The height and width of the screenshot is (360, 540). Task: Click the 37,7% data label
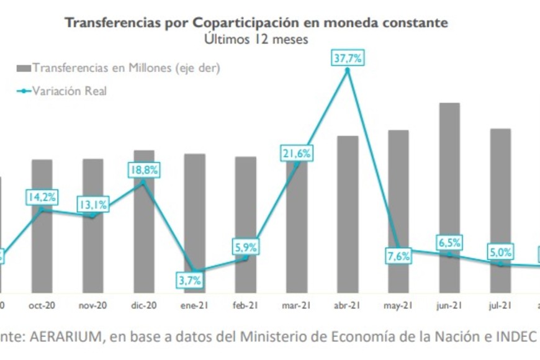(x=348, y=59)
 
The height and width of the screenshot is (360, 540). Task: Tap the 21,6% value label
(x=297, y=153)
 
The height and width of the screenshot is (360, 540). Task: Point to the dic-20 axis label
(x=143, y=305)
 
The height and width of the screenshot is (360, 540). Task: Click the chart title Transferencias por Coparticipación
(x=256, y=23)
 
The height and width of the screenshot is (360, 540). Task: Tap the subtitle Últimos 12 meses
(x=256, y=38)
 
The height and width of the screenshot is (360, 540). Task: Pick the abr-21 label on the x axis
(x=348, y=305)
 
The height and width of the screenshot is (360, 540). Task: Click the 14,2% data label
(x=42, y=197)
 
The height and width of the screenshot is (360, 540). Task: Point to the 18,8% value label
(x=144, y=169)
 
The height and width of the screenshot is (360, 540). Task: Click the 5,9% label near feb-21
(x=246, y=246)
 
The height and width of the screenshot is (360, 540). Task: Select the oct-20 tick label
(x=42, y=305)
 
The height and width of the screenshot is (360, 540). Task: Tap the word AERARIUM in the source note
(x=61, y=337)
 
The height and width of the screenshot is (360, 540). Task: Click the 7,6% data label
(x=398, y=256)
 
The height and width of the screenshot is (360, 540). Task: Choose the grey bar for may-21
(x=398, y=211)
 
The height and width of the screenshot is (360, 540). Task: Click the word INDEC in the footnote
(x=515, y=337)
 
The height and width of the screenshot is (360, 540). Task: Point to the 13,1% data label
(x=93, y=204)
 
